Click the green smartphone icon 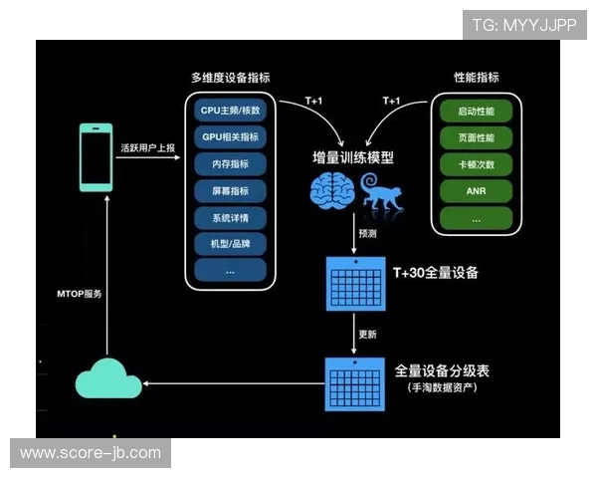point(96,156)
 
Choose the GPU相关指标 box point(230,136)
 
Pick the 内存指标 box point(230,163)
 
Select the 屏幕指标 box point(230,190)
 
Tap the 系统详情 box point(230,217)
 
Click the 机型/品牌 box point(230,243)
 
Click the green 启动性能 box point(476,110)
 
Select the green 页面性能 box point(476,136)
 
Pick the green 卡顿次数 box point(476,163)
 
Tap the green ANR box point(476,190)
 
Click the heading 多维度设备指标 point(230,78)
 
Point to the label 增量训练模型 point(352,157)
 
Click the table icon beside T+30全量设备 point(355,283)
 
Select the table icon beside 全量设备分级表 point(355,380)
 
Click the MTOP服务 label point(79,295)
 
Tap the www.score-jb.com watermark point(91,453)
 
